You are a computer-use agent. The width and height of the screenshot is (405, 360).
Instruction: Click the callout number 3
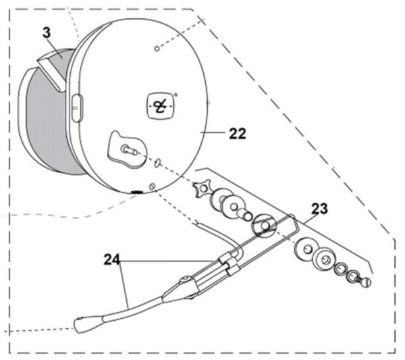click(x=47, y=33)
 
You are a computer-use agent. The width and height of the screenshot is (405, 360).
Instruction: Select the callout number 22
click(x=238, y=134)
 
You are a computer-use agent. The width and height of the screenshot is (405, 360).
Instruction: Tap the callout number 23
click(x=319, y=209)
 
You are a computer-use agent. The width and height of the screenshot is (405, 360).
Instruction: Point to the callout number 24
click(x=112, y=260)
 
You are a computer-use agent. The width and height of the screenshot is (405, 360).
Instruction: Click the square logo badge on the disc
click(x=161, y=106)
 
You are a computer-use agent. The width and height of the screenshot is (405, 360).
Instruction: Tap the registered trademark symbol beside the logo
click(x=176, y=95)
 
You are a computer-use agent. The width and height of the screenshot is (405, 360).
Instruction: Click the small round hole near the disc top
click(x=157, y=49)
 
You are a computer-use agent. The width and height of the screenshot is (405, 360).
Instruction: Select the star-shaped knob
click(x=202, y=189)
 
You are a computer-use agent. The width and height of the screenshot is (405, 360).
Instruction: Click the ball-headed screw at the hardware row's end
click(x=365, y=282)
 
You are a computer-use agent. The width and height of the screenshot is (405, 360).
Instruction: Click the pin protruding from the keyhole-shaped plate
click(x=129, y=150)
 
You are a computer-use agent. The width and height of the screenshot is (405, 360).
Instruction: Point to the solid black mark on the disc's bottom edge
click(x=136, y=192)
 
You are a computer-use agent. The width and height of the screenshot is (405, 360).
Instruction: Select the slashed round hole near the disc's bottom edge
click(x=153, y=186)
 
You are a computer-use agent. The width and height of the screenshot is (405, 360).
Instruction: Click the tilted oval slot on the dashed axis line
click(x=157, y=163)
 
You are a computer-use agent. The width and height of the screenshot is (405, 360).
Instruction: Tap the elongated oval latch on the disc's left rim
click(x=77, y=108)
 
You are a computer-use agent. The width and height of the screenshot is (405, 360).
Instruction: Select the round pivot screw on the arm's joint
click(x=185, y=280)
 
